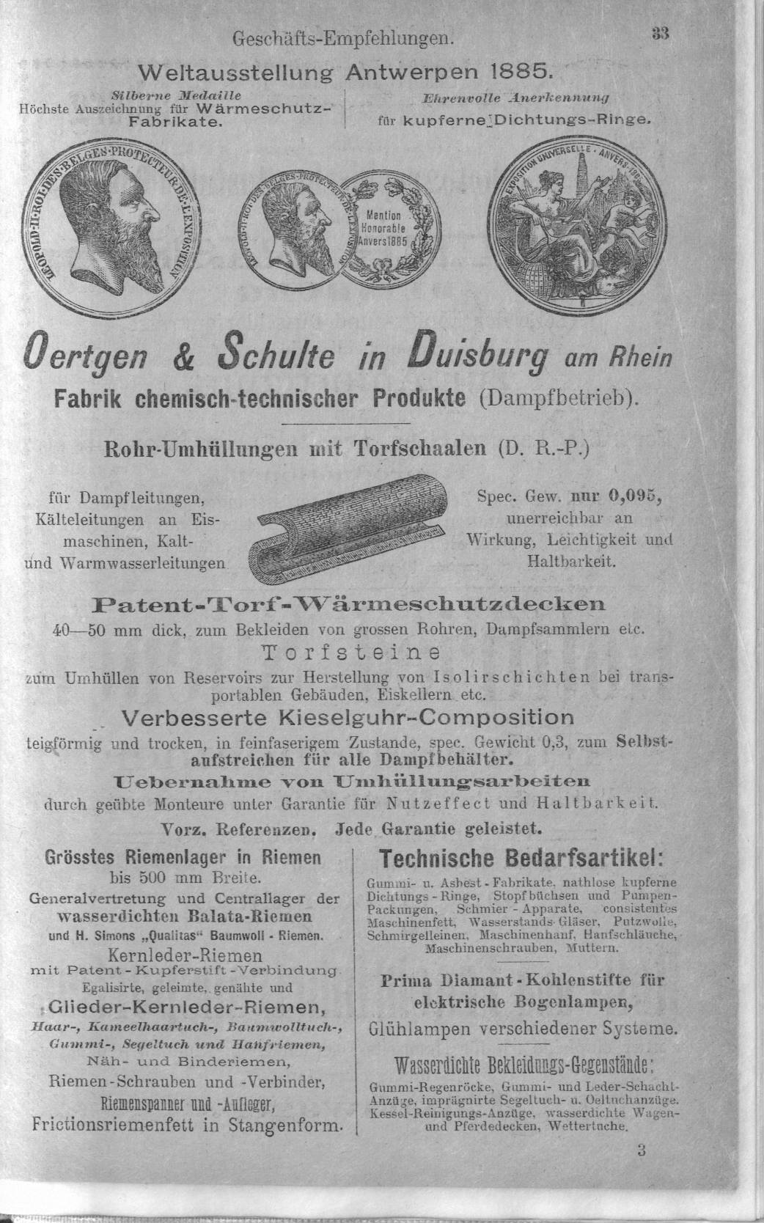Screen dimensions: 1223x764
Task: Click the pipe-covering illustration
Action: (x=342, y=526)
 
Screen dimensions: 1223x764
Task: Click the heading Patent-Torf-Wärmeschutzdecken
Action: (x=348, y=605)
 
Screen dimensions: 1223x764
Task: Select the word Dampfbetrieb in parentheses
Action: (x=564, y=400)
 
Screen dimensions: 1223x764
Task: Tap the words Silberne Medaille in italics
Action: (x=177, y=95)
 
